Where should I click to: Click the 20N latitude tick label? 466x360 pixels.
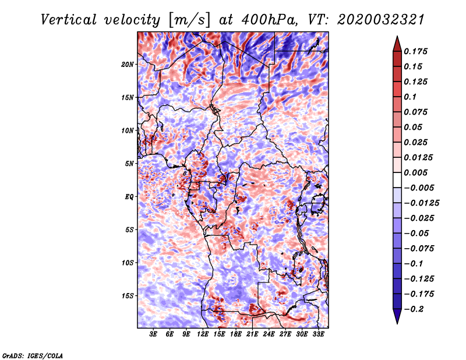[128, 65]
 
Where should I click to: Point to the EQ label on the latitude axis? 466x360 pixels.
[129, 197]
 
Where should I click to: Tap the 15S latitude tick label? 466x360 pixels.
[128, 296]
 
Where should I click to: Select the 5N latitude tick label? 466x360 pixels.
[129, 164]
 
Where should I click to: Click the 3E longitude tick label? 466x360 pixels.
[153, 334]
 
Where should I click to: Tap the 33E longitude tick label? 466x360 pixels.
[318, 334]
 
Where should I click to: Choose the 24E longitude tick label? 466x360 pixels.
[269, 334]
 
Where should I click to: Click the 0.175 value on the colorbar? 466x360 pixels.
[415, 51]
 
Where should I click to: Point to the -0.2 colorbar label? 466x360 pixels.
[414, 309]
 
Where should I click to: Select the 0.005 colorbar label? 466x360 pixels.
[415, 172]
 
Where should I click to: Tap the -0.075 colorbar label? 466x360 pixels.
[419, 249]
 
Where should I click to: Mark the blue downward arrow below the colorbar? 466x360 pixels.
[397, 315]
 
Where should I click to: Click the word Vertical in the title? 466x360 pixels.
[69, 20]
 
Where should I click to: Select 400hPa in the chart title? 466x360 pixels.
[270, 20]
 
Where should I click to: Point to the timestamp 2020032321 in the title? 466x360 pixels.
[381, 20]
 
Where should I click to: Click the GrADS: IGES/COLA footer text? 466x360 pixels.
[33, 355]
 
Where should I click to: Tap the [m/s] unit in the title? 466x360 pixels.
[189, 20]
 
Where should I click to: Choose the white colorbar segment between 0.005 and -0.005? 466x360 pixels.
[397, 180]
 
